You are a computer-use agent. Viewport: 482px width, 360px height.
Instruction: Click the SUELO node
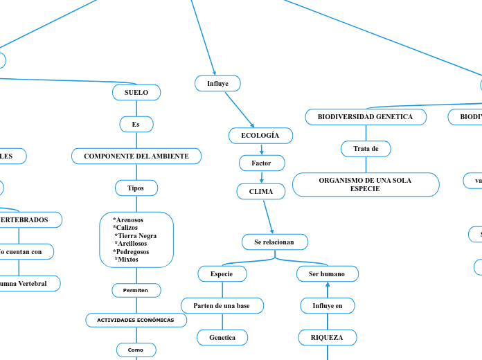click(136, 92)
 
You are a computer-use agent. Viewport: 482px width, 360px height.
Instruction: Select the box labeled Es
click(136, 125)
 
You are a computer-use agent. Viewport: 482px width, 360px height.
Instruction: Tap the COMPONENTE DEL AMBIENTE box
click(136, 156)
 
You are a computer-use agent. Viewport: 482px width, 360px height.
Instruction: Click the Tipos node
click(136, 188)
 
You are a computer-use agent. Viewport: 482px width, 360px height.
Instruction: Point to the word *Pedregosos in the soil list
click(131, 251)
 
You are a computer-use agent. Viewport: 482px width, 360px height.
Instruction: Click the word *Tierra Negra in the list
click(136, 235)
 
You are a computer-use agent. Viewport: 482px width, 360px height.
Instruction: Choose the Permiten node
click(136, 290)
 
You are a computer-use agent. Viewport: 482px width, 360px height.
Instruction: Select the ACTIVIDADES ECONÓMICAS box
click(136, 320)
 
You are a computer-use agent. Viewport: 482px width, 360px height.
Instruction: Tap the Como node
click(136, 350)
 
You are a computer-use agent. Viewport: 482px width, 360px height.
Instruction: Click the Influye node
click(217, 84)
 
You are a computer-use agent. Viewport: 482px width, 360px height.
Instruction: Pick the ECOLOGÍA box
click(260, 136)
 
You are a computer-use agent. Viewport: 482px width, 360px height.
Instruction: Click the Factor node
click(261, 163)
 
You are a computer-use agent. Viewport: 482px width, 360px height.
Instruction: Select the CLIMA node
click(261, 191)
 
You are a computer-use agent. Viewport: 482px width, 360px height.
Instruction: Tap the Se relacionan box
click(274, 242)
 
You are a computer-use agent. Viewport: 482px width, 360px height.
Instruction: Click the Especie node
click(222, 274)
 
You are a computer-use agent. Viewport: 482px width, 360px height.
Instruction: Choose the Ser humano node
click(327, 274)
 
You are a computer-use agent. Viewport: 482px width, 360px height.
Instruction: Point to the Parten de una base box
click(222, 305)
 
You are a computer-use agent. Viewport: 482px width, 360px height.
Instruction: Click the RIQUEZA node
click(328, 337)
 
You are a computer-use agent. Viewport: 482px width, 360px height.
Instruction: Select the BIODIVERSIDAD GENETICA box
click(365, 117)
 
